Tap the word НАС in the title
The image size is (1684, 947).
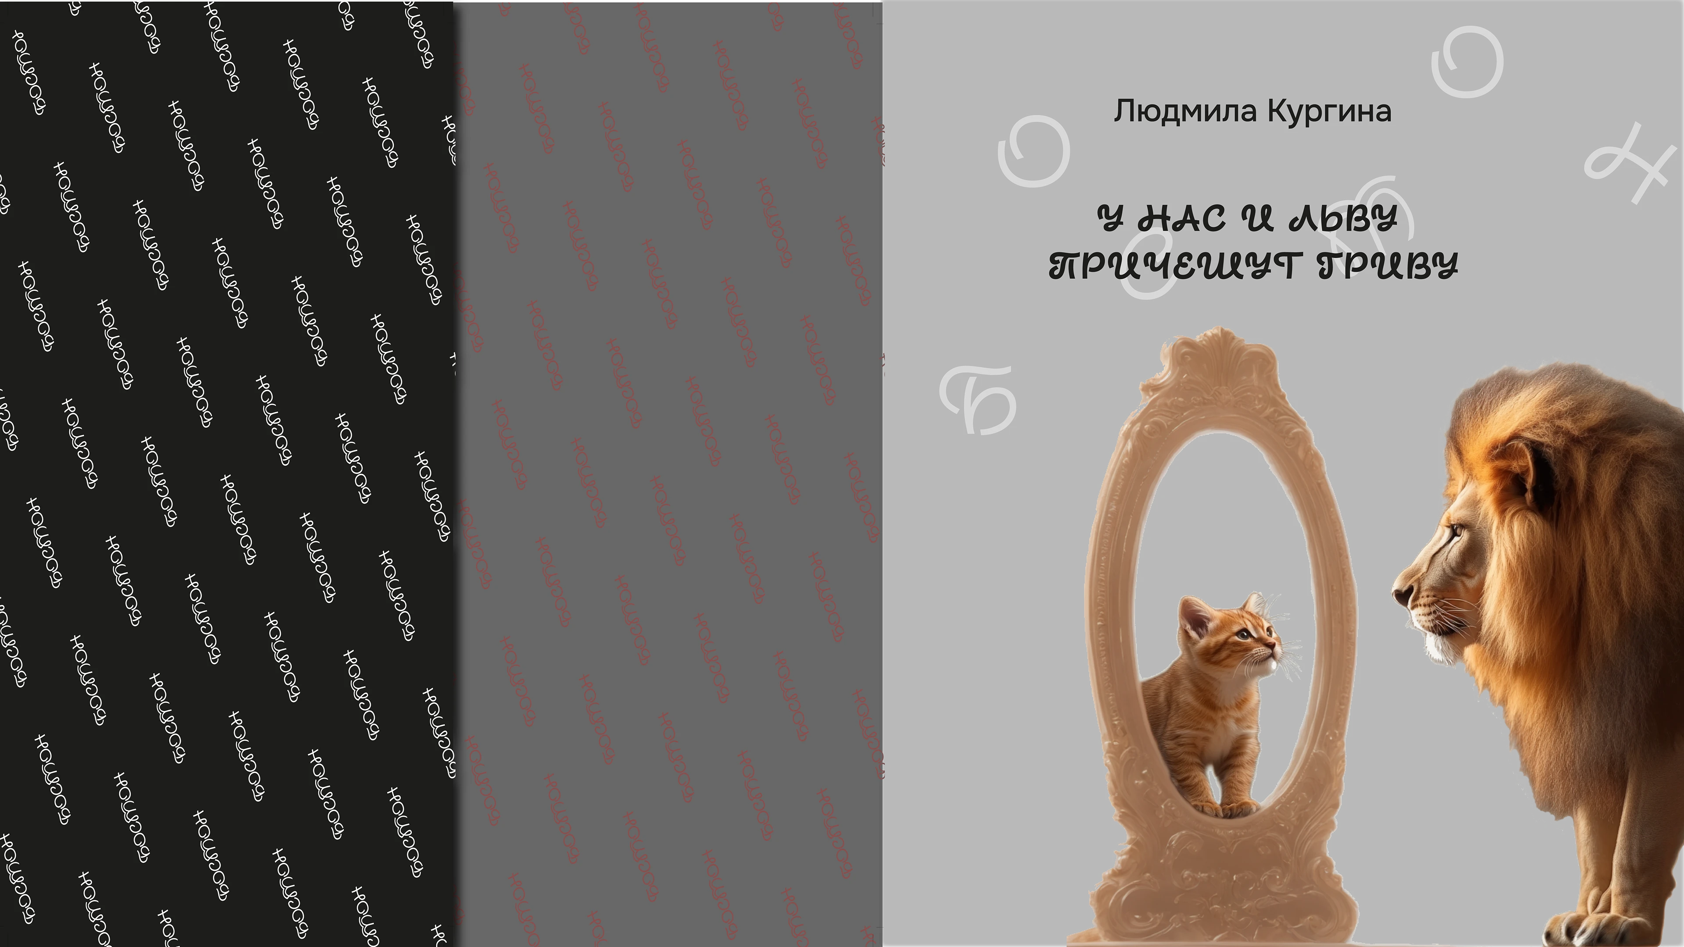1182,218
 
